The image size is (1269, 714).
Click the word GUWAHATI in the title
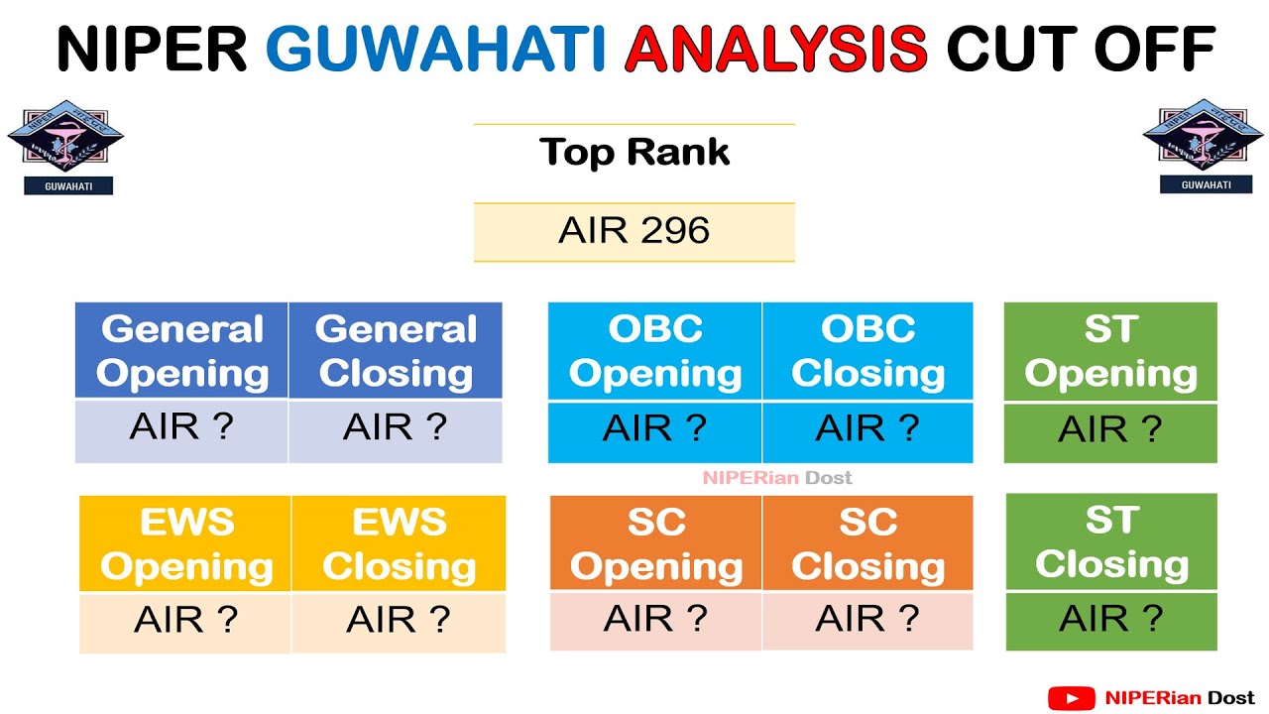tap(436, 49)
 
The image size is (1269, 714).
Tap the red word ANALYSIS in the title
tap(776, 49)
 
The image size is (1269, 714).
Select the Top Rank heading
tap(634, 152)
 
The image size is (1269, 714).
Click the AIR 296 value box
tap(634, 231)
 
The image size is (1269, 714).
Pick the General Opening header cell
tap(182, 351)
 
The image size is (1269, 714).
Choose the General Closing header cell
tap(396, 351)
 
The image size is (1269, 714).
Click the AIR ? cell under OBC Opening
tap(654, 429)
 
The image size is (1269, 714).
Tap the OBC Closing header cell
tap(867, 351)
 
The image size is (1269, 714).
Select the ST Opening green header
tap(1110, 351)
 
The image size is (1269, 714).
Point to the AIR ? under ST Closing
tap(1110, 619)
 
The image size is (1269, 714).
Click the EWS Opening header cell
tap(186, 543)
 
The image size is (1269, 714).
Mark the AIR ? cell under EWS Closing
tap(399, 620)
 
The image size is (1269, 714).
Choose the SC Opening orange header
tap(656, 543)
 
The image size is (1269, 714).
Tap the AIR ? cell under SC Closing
tap(867, 619)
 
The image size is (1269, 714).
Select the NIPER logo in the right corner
tap(1203, 145)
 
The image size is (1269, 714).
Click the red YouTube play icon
tap(1071, 699)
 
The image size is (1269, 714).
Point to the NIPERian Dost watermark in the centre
tap(777, 478)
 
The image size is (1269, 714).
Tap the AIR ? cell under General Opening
tap(181, 428)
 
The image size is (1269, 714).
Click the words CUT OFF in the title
tap(1081, 49)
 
